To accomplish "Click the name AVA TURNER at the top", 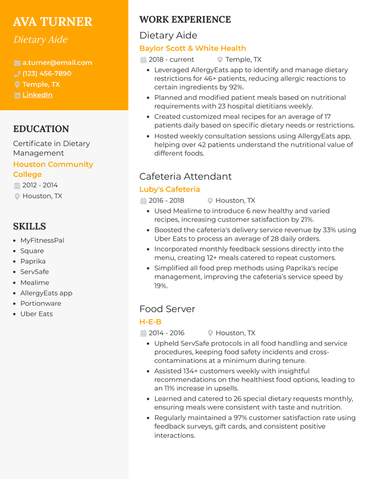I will pyautogui.click(x=53, y=22).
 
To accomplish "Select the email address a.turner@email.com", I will pyautogui.click(x=57, y=62).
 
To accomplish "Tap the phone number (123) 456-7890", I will pyautogui.click(x=47, y=73).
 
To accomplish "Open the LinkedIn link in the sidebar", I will pyautogui.click(x=37, y=95).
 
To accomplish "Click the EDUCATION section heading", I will pyautogui.click(x=41, y=129).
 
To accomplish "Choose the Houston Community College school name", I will pyautogui.click(x=53, y=169).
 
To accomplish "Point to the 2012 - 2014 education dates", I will pyautogui.click(x=40, y=185).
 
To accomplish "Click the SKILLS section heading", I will pyautogui.click(x=29, y=226).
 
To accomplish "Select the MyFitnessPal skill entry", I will pyautogui.click(x=42, y=240).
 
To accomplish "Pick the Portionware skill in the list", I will pyautogui.click(x=40, y=303).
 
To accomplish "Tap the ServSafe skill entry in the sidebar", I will pyautogui.click(x=34, y=272).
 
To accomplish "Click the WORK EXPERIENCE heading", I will pyautogui.click(x=185, y=19).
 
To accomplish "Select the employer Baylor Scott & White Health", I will pyautogui.click(x=192, y=48).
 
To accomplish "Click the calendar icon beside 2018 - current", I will pyautogui.click(x=143, y=60).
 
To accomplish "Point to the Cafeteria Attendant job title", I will pyautogui.click(x=185, y=176).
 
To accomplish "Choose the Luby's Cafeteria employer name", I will pyautogui.click(x=169, y=189).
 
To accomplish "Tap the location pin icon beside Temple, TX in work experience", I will pyautogui.click(x=220, y=60).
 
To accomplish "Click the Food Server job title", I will pyautogui.click(x=167, y=309).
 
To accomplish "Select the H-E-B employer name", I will pyautogui.click(x=150, y=322).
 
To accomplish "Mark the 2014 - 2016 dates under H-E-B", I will pyautogui.click(x=166, y=333).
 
